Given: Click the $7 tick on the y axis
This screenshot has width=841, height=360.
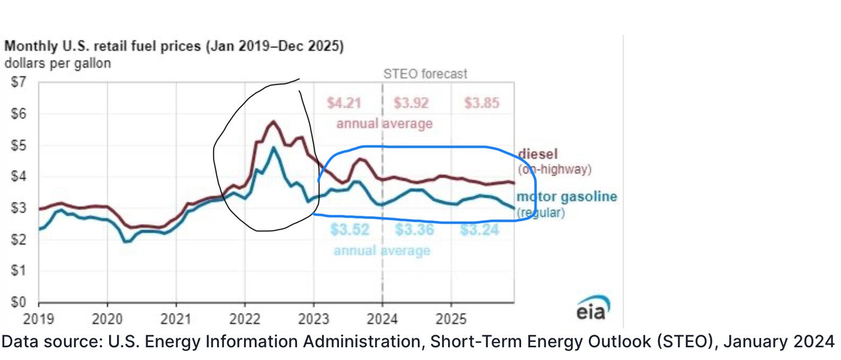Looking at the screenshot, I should point(18,82).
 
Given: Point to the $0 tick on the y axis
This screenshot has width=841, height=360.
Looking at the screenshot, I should point(18,302).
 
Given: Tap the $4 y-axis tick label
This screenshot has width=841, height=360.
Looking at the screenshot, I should point(18,176).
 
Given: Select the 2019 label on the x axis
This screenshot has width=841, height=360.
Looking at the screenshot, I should point(39,319).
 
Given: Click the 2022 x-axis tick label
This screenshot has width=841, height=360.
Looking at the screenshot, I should point(245,319).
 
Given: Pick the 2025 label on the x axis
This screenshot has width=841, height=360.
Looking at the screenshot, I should point(451,319).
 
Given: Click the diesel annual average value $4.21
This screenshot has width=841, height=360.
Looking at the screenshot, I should point(344,103).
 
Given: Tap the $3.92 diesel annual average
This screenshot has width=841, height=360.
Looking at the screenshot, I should point(411,103).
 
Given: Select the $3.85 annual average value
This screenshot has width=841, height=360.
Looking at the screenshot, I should point(481,103).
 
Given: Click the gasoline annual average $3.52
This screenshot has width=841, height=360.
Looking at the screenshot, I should point(350,230).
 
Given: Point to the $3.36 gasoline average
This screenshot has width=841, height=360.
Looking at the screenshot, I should point(414,230).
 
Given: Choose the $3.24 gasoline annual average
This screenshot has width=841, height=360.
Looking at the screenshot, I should point(479,230).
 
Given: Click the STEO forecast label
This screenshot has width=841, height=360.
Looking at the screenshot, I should point(425,74).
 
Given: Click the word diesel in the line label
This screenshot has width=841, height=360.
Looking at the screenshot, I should point(538,154).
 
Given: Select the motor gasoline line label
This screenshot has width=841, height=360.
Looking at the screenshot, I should point(567,197).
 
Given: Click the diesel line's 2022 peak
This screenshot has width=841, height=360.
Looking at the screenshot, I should point(273,122).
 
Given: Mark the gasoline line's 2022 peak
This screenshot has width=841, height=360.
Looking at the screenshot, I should point(273,148).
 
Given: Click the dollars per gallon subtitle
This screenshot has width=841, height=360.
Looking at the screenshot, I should point(58,64).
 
